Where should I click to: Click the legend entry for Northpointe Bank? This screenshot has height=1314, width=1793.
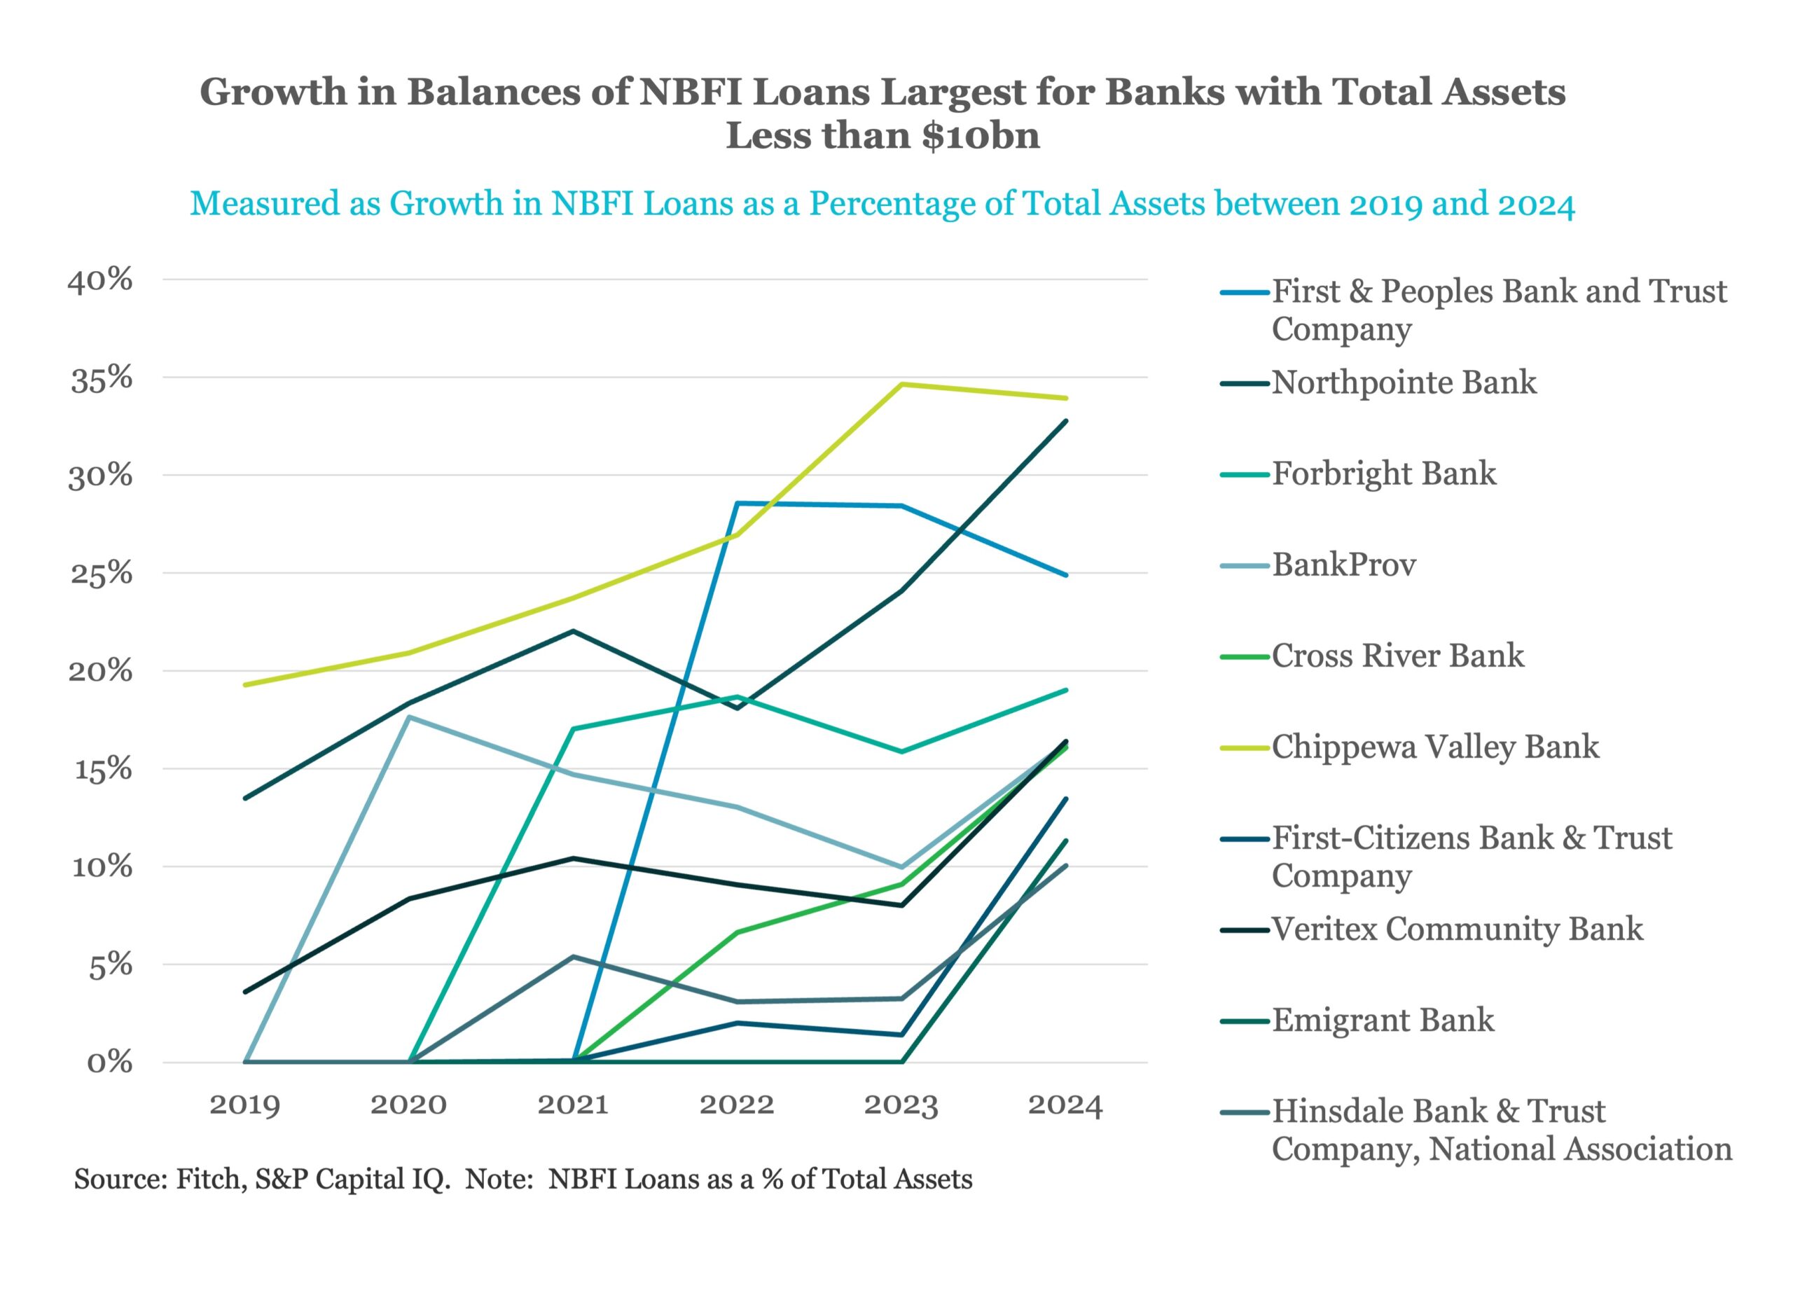[x=1404, y=382]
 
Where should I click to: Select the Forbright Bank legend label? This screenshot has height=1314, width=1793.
[x=1383, y=473]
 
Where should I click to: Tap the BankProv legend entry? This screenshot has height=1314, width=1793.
[x=1344, y=565]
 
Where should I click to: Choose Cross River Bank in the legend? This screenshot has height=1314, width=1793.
[x=1397, y=656]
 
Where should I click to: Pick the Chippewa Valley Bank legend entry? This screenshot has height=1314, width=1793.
[x=1434, y=747]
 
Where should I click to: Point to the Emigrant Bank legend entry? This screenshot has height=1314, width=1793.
[x=1383, y=1020]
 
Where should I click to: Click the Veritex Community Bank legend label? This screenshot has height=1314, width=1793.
[x=1457, y=929]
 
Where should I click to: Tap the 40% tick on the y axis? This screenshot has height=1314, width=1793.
[x=100, y=281]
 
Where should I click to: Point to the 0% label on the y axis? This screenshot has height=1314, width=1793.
[x=110, y=1063]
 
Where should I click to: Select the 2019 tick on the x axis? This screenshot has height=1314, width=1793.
[x=245, y=1105]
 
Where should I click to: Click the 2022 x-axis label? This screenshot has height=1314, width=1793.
[x=737, y=1105]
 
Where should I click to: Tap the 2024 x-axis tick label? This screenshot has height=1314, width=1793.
[x=1065, y=1105]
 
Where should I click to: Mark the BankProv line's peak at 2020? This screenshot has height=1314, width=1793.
[x=410, y=717]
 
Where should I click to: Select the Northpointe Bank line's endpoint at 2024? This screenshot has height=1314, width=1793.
[x=1065, y=421]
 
